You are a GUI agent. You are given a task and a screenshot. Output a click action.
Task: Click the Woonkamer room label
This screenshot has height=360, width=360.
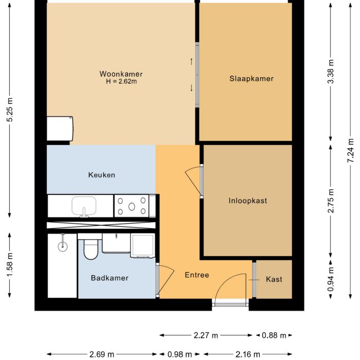(x=121, y=74)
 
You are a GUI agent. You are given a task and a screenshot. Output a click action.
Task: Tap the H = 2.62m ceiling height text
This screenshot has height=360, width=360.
(x=121, y=81)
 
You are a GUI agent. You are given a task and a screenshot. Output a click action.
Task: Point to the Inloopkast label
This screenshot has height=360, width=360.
(x=248, y=201)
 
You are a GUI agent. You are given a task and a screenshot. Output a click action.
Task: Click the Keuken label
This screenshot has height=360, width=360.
(x=101, y=175)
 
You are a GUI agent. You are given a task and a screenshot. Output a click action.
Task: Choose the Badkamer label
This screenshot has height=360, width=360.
(x=110, y=278)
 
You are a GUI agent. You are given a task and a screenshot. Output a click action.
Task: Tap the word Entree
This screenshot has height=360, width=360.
(x=197, y=275)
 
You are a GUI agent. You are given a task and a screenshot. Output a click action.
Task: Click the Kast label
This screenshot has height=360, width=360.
(x=274, y=279)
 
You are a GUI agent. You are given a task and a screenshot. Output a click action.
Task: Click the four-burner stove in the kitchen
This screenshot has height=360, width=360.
(x=132, y=206)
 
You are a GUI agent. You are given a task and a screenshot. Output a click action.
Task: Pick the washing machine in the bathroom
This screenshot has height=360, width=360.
(x=142, y=246)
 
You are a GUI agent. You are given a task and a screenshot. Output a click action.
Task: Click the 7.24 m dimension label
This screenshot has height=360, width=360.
(x=351, y=151)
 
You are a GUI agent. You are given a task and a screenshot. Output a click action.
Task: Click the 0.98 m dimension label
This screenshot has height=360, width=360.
(x=181, y=354)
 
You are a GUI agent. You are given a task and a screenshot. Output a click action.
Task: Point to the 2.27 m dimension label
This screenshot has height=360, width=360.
(x=206, y=335)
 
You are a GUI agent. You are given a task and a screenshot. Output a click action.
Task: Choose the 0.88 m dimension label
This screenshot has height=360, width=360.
(x=274, y=335)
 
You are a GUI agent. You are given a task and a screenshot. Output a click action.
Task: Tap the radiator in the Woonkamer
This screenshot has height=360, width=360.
(x=60, y=128)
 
